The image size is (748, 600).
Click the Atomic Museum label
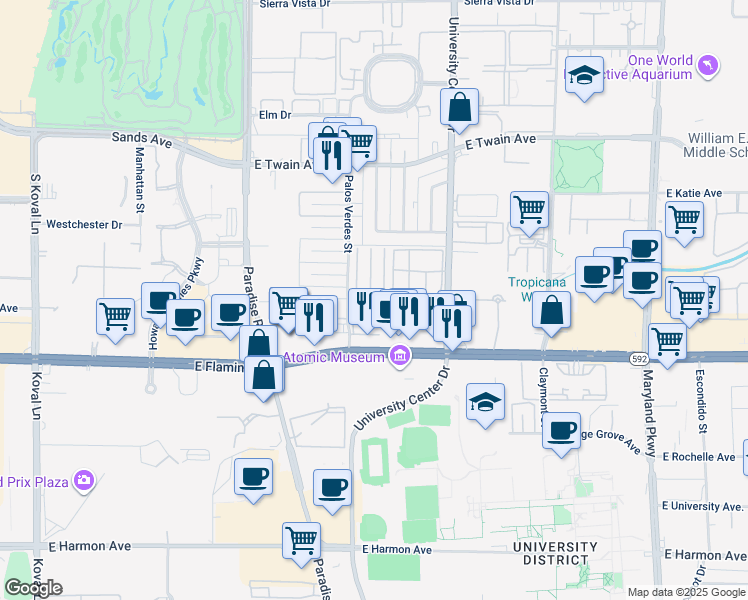pyautogui.click(x=335, y=358)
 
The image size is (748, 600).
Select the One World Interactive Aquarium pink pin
pyautogui.click(x=709, y=66)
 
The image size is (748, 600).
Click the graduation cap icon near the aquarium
pyautogui.click(x=584, y=75)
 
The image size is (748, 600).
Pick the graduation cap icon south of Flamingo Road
pyautogui.click(x=486, y=402)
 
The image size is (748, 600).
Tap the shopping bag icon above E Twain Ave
pyautogui.click(x=459, y=107)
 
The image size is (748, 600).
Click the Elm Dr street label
pyautogui.click(x=274, y=115)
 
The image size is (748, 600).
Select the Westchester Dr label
pyautogui.click(x=84, y=225)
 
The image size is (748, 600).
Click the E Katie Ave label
pyautogui.click(x=693, y=193)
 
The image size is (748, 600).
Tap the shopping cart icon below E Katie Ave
pyautogui.click(x=684, y=219)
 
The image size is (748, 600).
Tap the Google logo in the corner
pyautogui.click(x=33, y=588)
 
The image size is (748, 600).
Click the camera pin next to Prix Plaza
pyautogui.click(x=83, y=481)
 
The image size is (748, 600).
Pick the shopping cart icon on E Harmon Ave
pyautogui.click(x=301, y=541)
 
